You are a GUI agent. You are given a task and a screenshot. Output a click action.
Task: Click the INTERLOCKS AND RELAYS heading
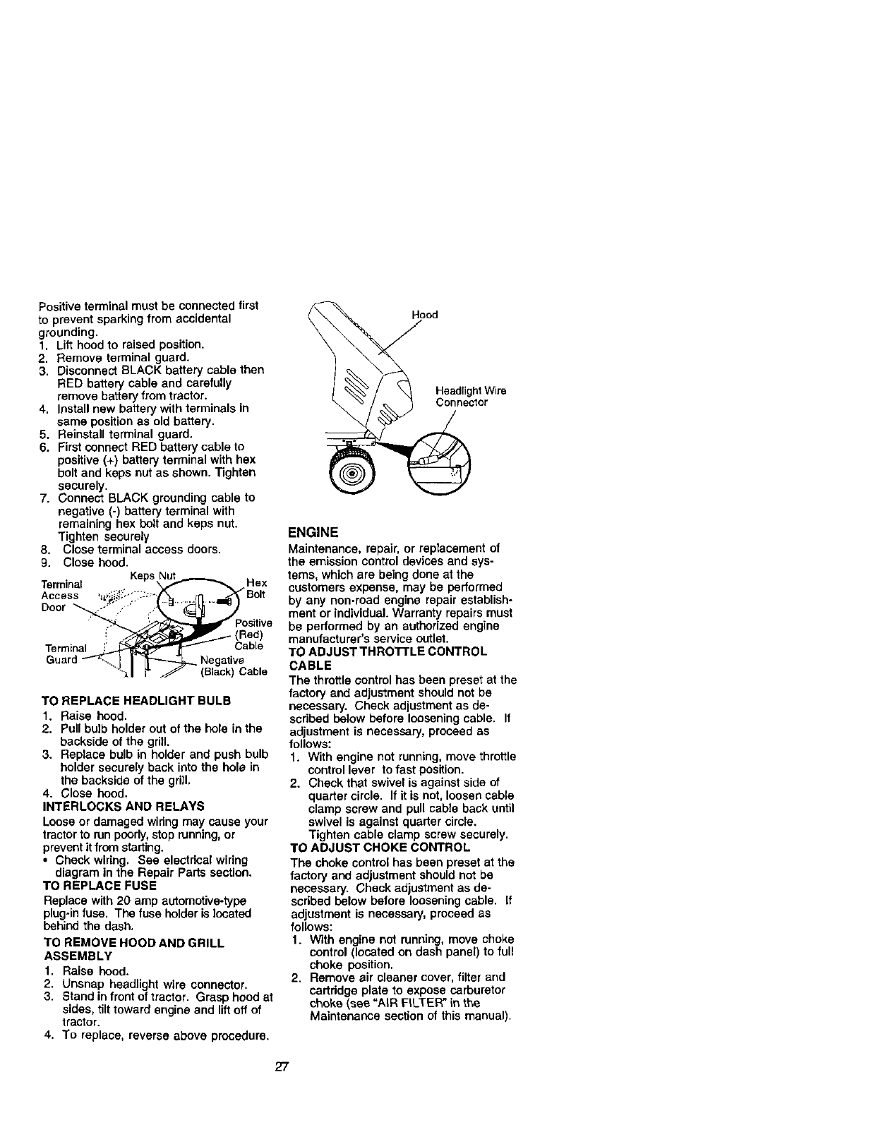point(124,806)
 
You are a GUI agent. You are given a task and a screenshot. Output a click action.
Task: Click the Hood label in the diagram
point(425,315)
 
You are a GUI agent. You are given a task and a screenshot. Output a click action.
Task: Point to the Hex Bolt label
point(256,588)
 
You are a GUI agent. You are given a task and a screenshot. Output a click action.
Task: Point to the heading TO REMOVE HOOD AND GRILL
point(134,943)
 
